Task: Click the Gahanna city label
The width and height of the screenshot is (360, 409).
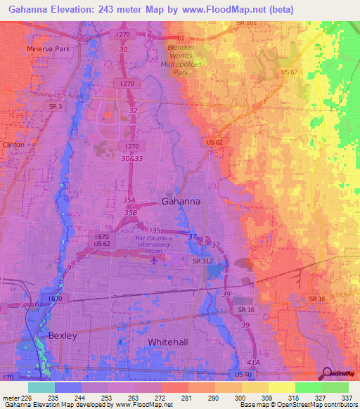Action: [x=181, y=201]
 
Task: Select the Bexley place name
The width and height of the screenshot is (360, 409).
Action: [x=62, y=335]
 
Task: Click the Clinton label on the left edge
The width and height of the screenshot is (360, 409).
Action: [x=13, y=144]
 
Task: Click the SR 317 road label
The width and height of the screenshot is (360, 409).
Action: [x=202, y=261]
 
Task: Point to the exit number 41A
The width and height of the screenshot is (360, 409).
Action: [x=253, y=361]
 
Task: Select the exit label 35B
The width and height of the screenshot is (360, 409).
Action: [x=130, y=212]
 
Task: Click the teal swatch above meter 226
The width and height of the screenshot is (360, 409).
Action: [x=41, y=387]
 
